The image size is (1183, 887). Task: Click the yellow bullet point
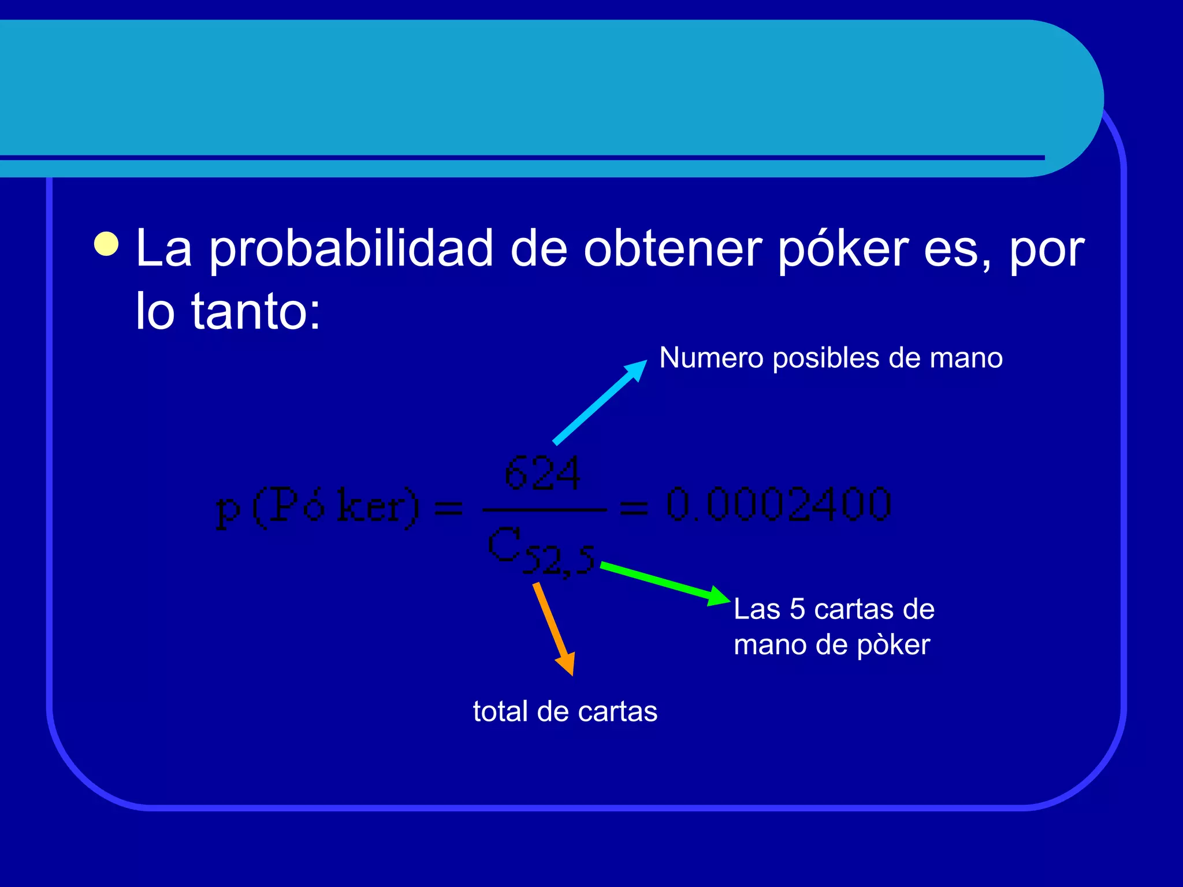click(x=107, y=244)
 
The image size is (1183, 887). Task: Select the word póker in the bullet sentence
click(x=843, y=249)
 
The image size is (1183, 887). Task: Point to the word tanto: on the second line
click(x=255, y=312)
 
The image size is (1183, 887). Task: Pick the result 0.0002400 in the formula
click(x=779, y=505)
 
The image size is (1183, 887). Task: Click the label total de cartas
click(x=565, y=711)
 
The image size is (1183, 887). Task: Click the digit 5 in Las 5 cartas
click(x=797, y=609)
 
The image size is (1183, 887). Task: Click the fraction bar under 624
click(x=544, y=510)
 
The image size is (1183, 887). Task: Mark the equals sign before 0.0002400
click(x=634, y=508)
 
